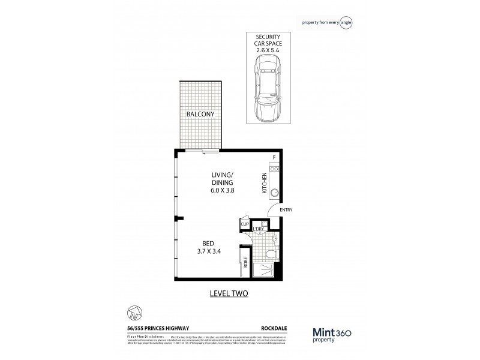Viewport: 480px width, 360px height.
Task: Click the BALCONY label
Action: [x=200, y=114]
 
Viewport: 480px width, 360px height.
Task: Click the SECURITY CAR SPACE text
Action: [x=267, y=40]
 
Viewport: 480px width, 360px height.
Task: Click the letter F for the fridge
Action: [x=274, y=158]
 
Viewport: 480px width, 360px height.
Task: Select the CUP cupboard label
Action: [x=245, y=224]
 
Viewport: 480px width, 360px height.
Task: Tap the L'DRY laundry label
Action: [x=259, y=229]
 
